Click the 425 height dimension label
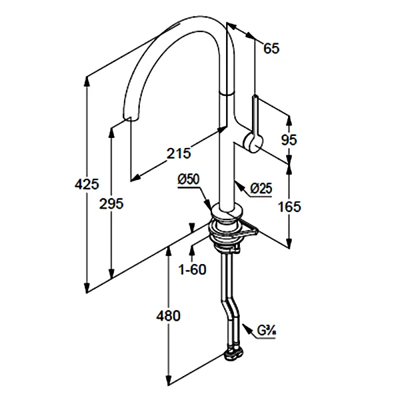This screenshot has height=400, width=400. click(x=88, y=183)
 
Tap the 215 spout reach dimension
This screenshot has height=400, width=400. click(x=178, y=153)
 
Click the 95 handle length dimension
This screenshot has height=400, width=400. click(x=289, y=139)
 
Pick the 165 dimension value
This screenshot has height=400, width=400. click(x=289, y=207)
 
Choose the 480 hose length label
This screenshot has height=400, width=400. click(x=168, y=316)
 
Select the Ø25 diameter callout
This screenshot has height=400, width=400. click(x=261, y=189)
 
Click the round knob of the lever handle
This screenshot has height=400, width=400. click(x=254, y=141)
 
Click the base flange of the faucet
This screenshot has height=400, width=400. click(x=227, y=217)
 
